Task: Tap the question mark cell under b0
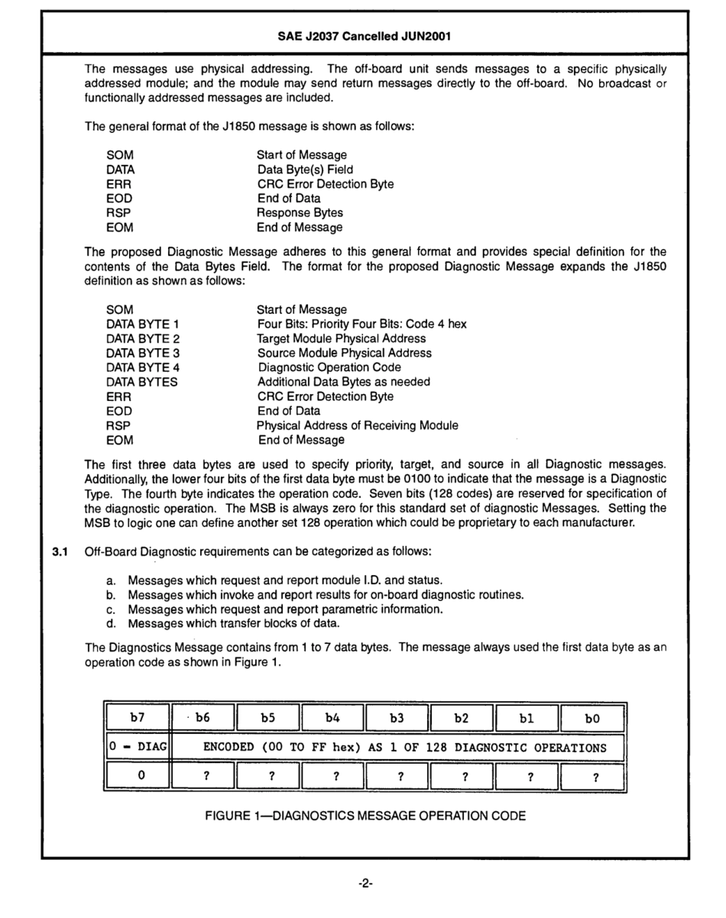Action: point(592,777)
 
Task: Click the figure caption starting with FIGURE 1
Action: point(365,816)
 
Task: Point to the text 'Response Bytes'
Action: point(300,213)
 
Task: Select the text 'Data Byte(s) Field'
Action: point(305,170)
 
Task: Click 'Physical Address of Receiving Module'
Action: point(357,425)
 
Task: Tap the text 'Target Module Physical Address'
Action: point(341,338)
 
